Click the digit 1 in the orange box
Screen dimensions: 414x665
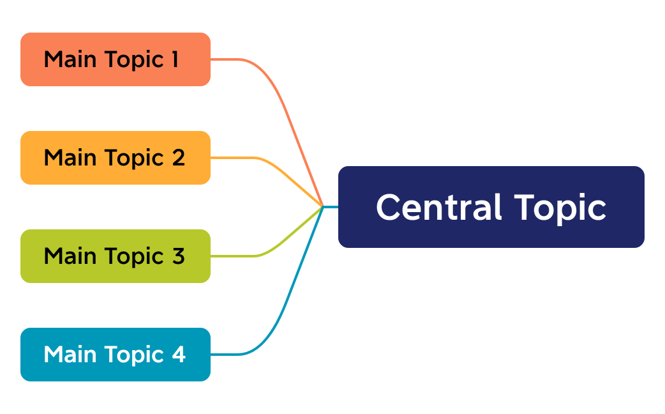(174, 59)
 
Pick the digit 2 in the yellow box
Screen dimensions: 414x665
(178, 158)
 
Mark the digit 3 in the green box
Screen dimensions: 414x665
(178, 256)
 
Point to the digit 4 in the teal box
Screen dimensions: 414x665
(178, 355)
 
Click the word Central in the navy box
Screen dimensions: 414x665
(438, 208)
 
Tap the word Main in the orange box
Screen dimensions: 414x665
(70, 59)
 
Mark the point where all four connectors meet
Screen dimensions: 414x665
(324, 206)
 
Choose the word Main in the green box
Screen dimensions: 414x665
(70, 256)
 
